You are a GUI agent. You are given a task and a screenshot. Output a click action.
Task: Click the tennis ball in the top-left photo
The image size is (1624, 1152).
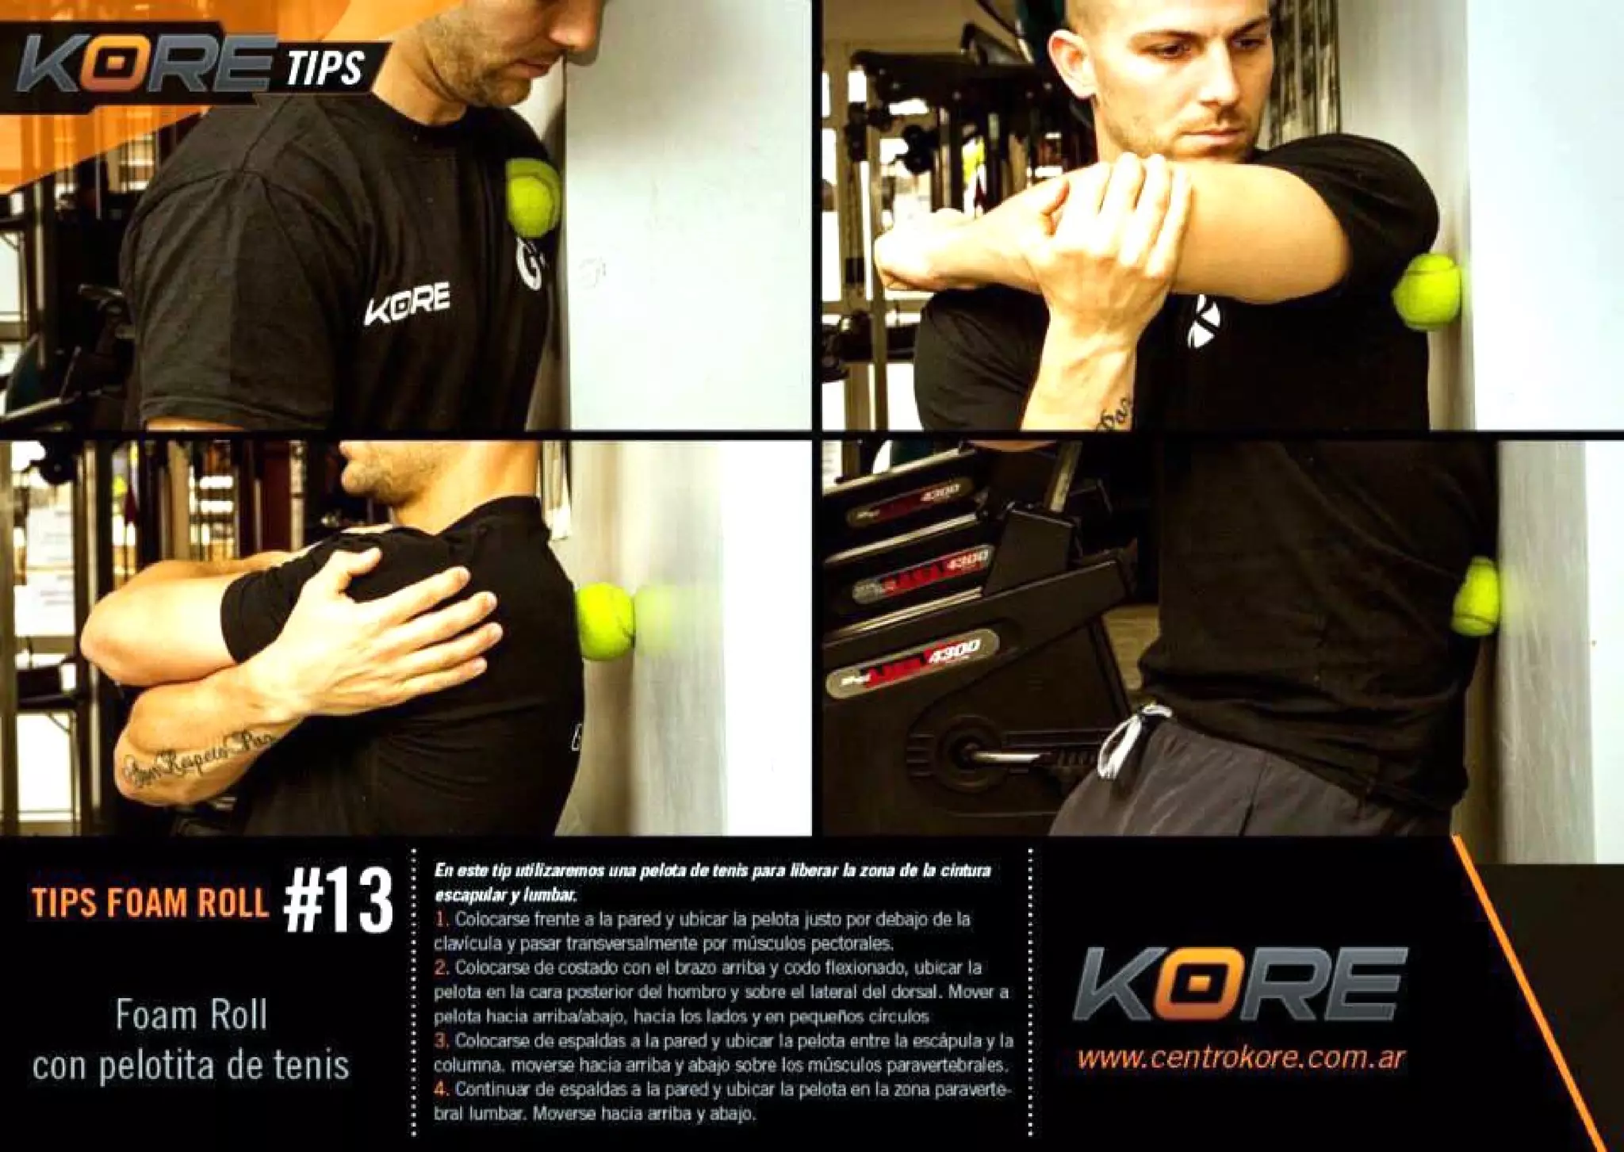tap(532, 197)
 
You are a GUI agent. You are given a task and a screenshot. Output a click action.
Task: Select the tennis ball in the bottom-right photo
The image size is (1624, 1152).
tap(1475, 596)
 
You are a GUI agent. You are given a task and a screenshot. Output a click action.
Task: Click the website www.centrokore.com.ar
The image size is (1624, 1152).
tap(1241, 1058)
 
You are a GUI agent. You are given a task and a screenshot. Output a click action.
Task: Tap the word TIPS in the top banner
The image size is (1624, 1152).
tap(325, 67)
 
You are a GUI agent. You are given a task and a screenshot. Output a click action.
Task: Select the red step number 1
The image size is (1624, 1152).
tap(442, 920)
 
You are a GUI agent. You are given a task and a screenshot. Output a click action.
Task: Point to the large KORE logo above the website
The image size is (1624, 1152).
tap(1239, 983)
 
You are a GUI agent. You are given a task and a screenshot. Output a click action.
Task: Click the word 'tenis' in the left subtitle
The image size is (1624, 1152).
tap(312, 1066)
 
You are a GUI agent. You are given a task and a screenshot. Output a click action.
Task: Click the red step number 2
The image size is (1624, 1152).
tap(442, 968)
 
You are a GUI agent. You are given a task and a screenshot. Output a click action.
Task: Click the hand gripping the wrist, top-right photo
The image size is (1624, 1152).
tap(1094, 230)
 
